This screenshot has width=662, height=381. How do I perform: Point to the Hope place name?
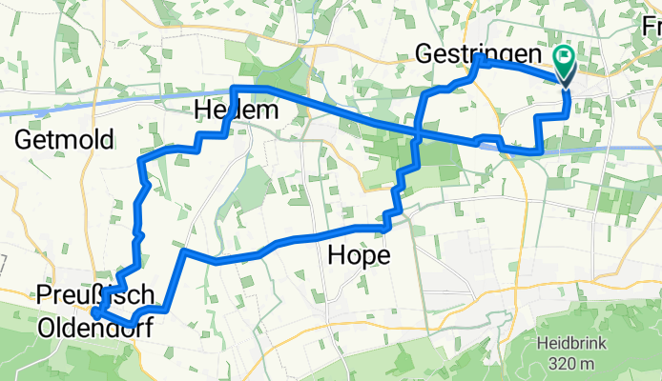(358, 254)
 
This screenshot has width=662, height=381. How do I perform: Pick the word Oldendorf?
(93, 328)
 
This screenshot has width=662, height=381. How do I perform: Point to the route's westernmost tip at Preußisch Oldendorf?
(95, 311)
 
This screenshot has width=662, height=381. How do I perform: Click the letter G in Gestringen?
(426, 55)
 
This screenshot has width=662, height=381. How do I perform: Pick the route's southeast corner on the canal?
(541, 150)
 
